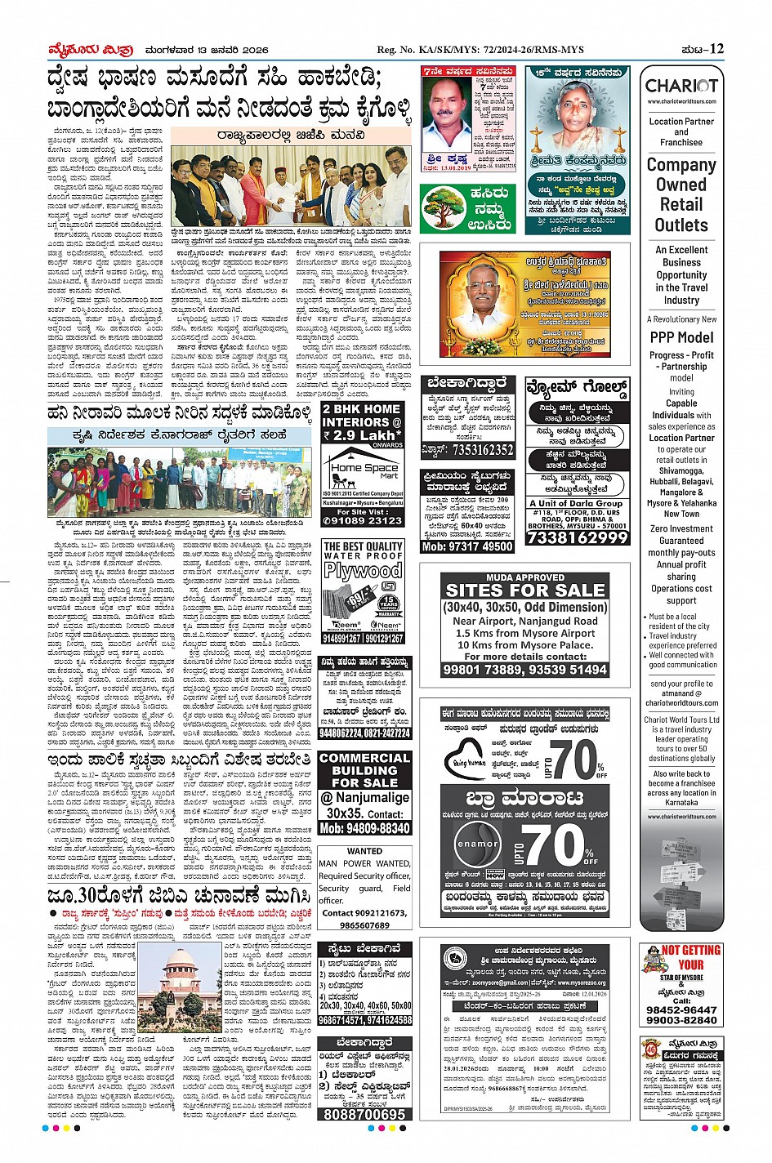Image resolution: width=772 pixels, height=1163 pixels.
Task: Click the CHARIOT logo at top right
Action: coord(681,86)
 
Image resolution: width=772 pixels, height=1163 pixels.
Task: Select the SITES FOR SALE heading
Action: coord(525,589)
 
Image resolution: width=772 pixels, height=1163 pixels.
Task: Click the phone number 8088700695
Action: coord(364,1114)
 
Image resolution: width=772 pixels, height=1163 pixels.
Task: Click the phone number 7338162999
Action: coord(578,537)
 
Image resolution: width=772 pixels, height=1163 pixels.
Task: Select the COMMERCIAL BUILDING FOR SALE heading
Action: coord(364,769)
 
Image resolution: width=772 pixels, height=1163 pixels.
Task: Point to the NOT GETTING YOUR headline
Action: coord(690,956)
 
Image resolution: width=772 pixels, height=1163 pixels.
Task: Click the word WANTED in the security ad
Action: coord(364,850)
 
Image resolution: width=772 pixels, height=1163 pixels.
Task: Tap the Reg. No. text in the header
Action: coord(480,50)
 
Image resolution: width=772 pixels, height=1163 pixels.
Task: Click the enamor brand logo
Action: coord(478,844)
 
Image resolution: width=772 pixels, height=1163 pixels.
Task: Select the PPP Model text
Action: coord(681,336)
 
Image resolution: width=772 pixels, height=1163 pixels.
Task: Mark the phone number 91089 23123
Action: coord(363,519)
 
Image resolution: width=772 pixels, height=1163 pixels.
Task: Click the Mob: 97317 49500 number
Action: coord(467,546)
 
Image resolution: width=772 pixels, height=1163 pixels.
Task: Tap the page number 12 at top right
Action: coord(716,49)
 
